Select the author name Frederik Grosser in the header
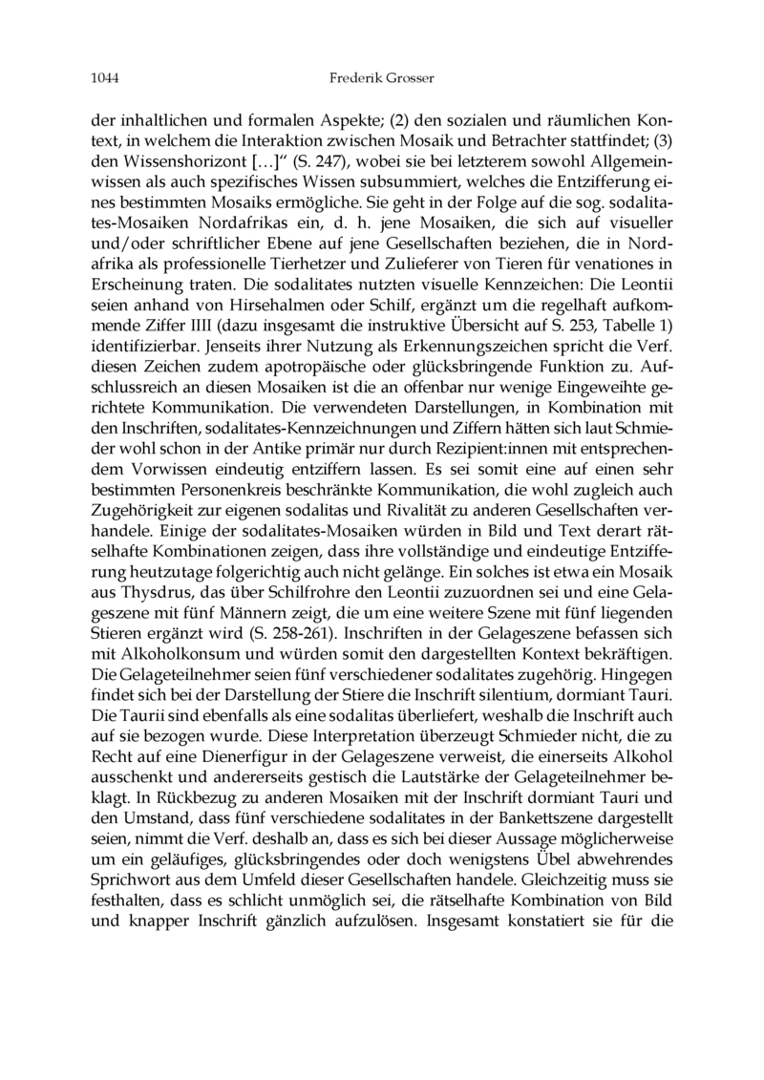[x=381, y=76]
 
